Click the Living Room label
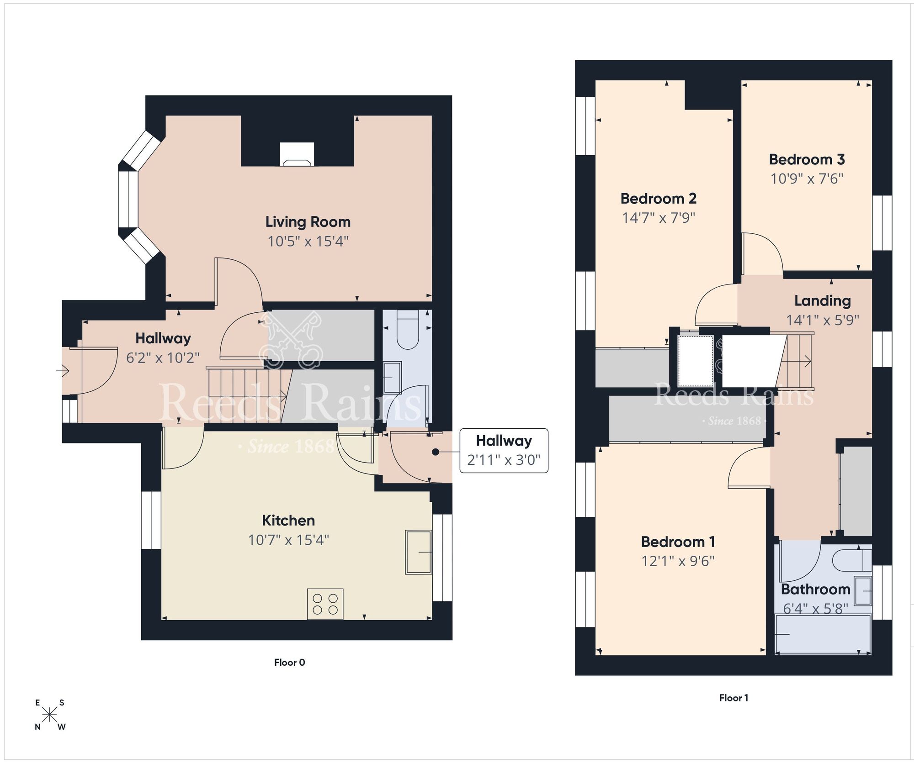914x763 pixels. (308, 222)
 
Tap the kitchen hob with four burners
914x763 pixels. (325, 604)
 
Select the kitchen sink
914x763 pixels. (418, 552)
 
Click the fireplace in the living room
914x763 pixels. (297, 154)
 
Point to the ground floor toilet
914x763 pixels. (407, 330)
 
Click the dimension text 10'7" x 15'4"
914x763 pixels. (288, 540)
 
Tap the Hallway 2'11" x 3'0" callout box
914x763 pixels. (504, 450)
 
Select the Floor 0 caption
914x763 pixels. (289, 662)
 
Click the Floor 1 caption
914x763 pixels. (733, 698)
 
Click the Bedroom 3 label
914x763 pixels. (807, 159)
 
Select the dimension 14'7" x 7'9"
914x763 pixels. (658, 218)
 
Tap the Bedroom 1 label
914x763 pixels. (678, 542)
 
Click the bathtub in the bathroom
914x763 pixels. (823, 634)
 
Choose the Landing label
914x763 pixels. (822, 300)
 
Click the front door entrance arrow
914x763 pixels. (63, 371)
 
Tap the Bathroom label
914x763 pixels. (815, 589)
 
